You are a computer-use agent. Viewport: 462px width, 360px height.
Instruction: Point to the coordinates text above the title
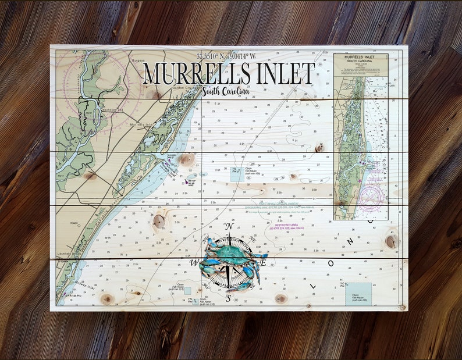226,56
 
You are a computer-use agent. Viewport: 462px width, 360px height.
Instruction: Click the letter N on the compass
229,227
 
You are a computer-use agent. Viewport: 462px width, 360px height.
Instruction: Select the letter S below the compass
229,299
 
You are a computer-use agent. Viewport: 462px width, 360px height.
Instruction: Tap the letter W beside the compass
196,261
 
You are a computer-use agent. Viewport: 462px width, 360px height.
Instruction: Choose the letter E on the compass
262,262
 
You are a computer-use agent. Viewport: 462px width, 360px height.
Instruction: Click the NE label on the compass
252,239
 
